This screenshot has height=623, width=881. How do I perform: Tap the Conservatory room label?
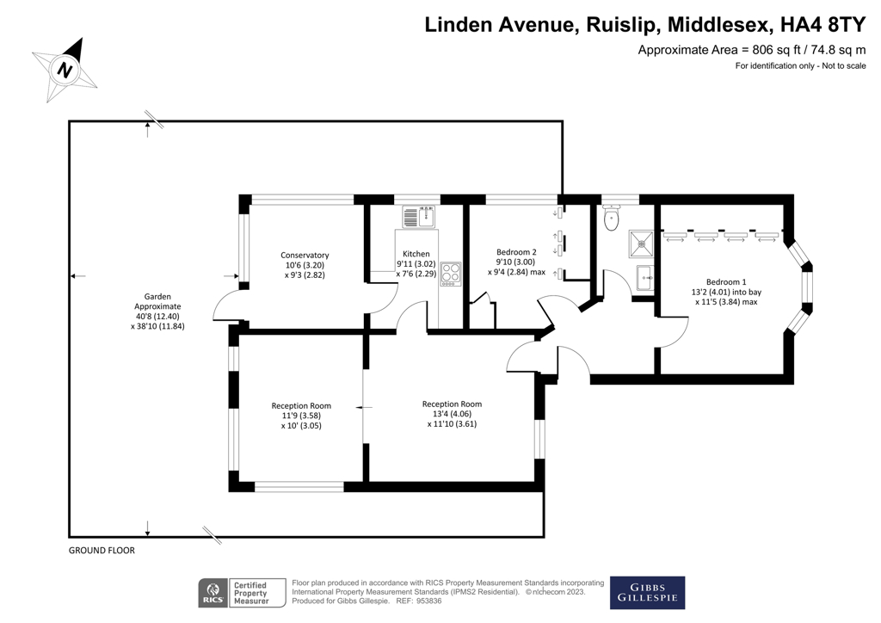tap(305, 255)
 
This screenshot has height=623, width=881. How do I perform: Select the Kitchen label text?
tap(416, 254)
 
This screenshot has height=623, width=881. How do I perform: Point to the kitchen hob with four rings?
tap(451, 274)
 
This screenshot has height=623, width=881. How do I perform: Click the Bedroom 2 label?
tap(516, 251)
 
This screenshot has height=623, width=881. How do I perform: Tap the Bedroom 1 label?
tap(726, 281)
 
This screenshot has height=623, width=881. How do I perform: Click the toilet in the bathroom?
tap(612, 219)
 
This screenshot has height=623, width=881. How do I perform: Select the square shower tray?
tap(641, 244)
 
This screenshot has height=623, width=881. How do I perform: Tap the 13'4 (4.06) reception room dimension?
tap(452, 414)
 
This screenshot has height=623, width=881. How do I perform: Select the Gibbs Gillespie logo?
tap(647, 592)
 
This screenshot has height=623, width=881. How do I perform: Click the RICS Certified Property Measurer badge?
tap(234, 592)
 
